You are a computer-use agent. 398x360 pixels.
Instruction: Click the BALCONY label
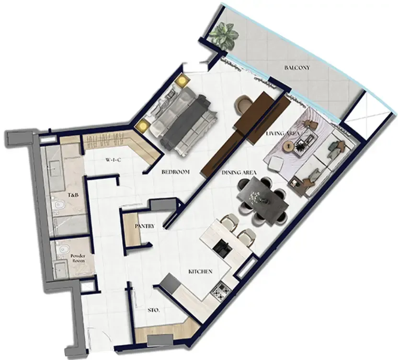point(297,68)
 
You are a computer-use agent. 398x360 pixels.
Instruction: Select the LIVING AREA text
point(283,134)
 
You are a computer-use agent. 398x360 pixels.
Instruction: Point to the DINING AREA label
point(239,173)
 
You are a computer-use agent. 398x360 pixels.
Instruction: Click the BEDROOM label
point(175,172)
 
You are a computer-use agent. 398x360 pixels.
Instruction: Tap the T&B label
point(73,196)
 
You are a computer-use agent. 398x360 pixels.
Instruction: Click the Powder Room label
point(78,258)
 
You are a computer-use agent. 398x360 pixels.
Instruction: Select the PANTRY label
point(145,226)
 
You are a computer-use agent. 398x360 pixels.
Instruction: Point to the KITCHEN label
point(200,272)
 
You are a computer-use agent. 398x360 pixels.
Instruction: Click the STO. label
point(154,310)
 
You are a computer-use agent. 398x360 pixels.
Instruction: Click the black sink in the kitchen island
point(222,248)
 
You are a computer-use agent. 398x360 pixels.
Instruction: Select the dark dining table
point(262,199)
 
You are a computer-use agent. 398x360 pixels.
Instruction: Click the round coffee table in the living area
point(288,147)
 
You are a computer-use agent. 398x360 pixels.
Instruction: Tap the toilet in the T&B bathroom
point(58,205)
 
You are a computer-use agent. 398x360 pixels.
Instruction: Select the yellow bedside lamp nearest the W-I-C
point(142,126)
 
